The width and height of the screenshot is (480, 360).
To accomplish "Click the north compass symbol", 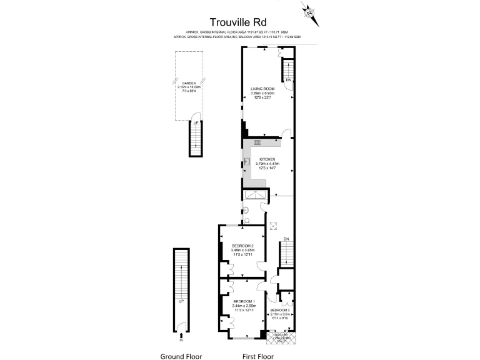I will [x=309, y=12].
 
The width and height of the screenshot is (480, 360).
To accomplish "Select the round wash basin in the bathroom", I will [x=246, y=209].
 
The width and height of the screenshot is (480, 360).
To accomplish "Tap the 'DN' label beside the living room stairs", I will [x=288, y=81].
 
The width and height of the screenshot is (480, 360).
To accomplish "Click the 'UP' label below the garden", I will [x=196, y=123].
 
